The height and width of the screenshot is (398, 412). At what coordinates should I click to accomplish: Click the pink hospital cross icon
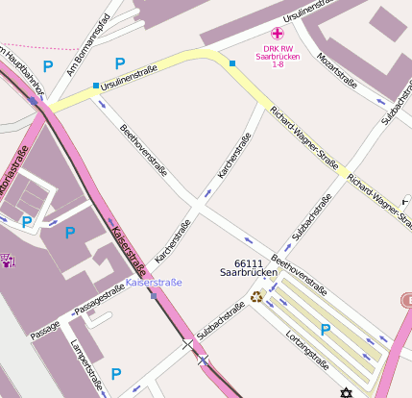point(278,33)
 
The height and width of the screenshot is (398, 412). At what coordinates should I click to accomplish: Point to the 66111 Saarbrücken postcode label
point(249,267)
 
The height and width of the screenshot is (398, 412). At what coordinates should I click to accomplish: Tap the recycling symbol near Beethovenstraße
point(256,296)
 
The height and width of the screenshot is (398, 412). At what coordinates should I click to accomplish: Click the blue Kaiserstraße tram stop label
point(154,283)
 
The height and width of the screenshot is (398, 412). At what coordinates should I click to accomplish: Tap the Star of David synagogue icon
point(346,391)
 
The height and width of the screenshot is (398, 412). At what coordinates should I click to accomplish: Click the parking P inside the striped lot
point(325,330)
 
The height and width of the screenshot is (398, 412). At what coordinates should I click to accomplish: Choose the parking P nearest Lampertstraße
point(116,373)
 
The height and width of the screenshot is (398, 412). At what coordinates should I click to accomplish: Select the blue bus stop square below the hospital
point(231,64)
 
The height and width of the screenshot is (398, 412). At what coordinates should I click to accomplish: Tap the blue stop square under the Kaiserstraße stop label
point(154,295)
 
